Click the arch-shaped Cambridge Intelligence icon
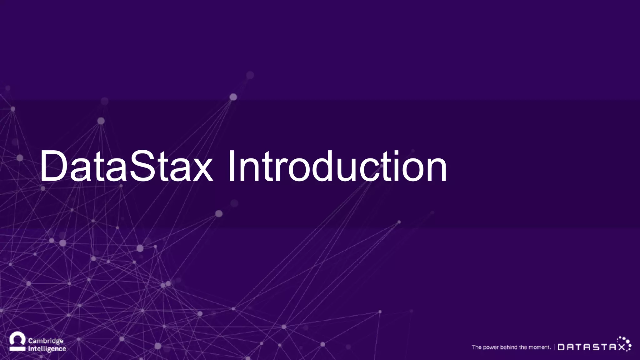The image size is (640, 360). click(17, 342)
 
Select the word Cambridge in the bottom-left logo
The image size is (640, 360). click(46, 341)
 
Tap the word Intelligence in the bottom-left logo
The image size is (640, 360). click(47, 349)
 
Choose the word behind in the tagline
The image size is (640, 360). click(509, 347)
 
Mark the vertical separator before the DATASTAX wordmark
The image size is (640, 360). click(554, 347)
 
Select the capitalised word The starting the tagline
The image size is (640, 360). click(477, 347)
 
